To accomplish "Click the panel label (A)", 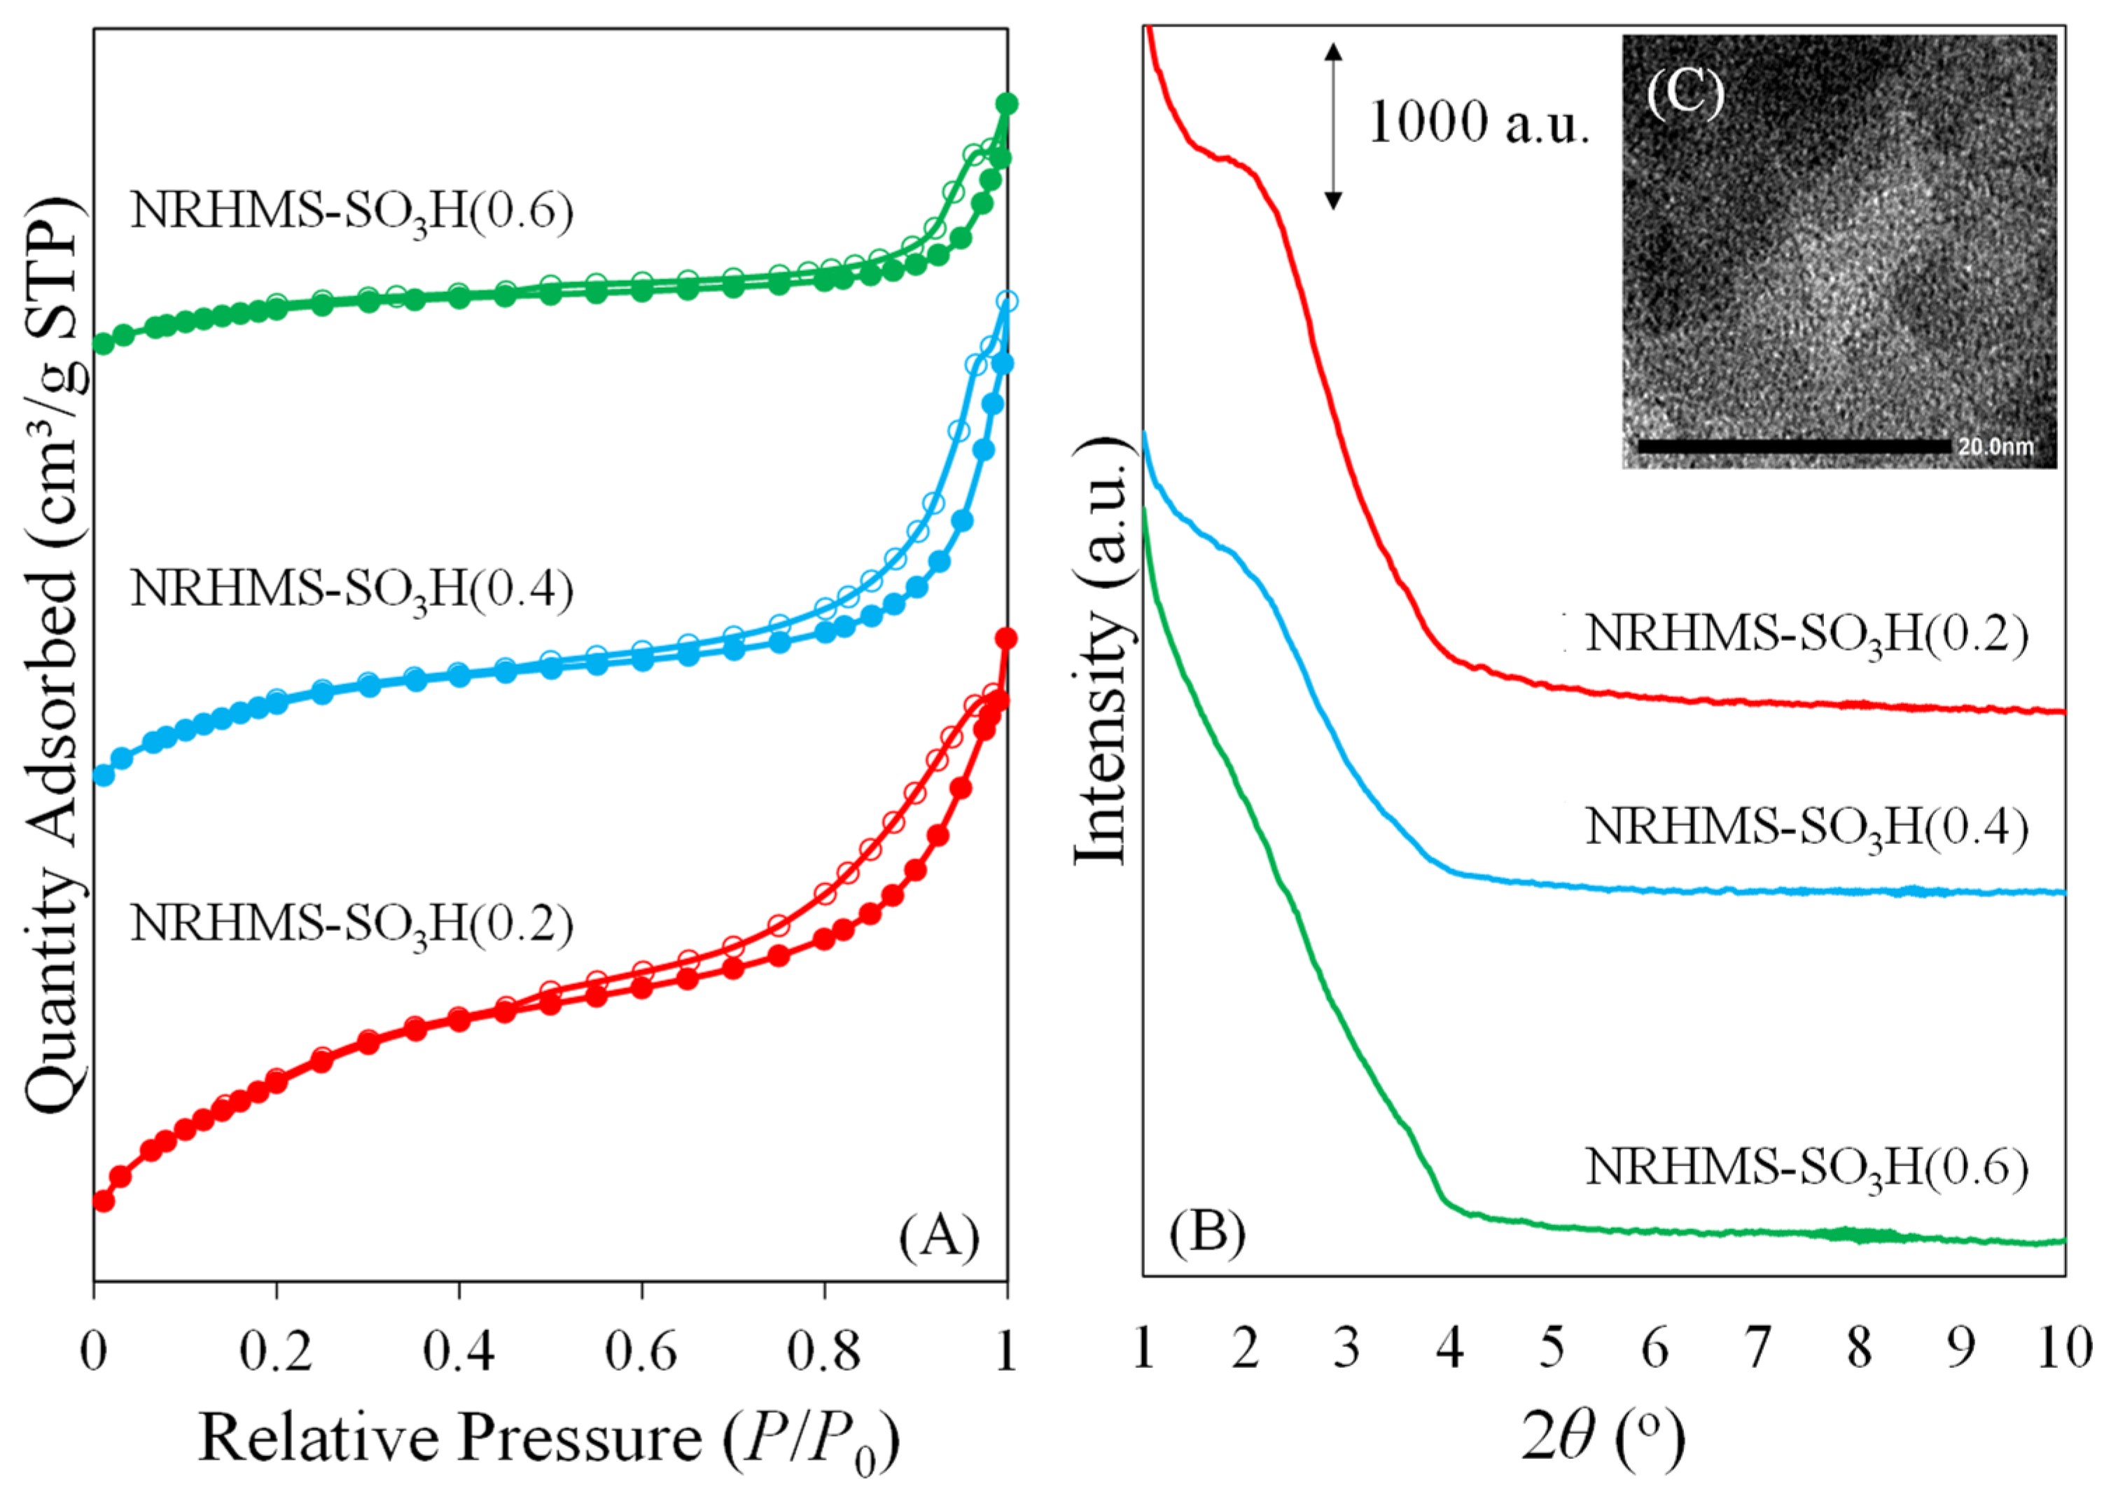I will coord(939,1238).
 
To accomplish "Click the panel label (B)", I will coord(1207,1232).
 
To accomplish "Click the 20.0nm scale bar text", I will coord(1995,447).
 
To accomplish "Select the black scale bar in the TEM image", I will coord(1793,446).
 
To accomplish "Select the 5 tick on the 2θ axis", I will coord(1552,1348).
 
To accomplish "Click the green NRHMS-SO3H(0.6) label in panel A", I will coord(352,212).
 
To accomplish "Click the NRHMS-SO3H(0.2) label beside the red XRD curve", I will coord(1806,634).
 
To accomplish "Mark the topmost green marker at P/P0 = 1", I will coord(1007,104).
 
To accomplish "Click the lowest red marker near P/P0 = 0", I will coord(103,1201).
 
